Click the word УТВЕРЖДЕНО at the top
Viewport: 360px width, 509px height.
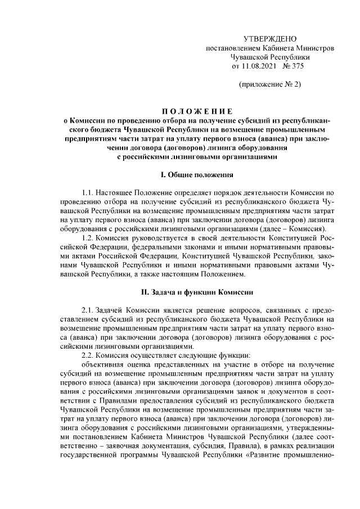pyautogui.click(x=269, y=39)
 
